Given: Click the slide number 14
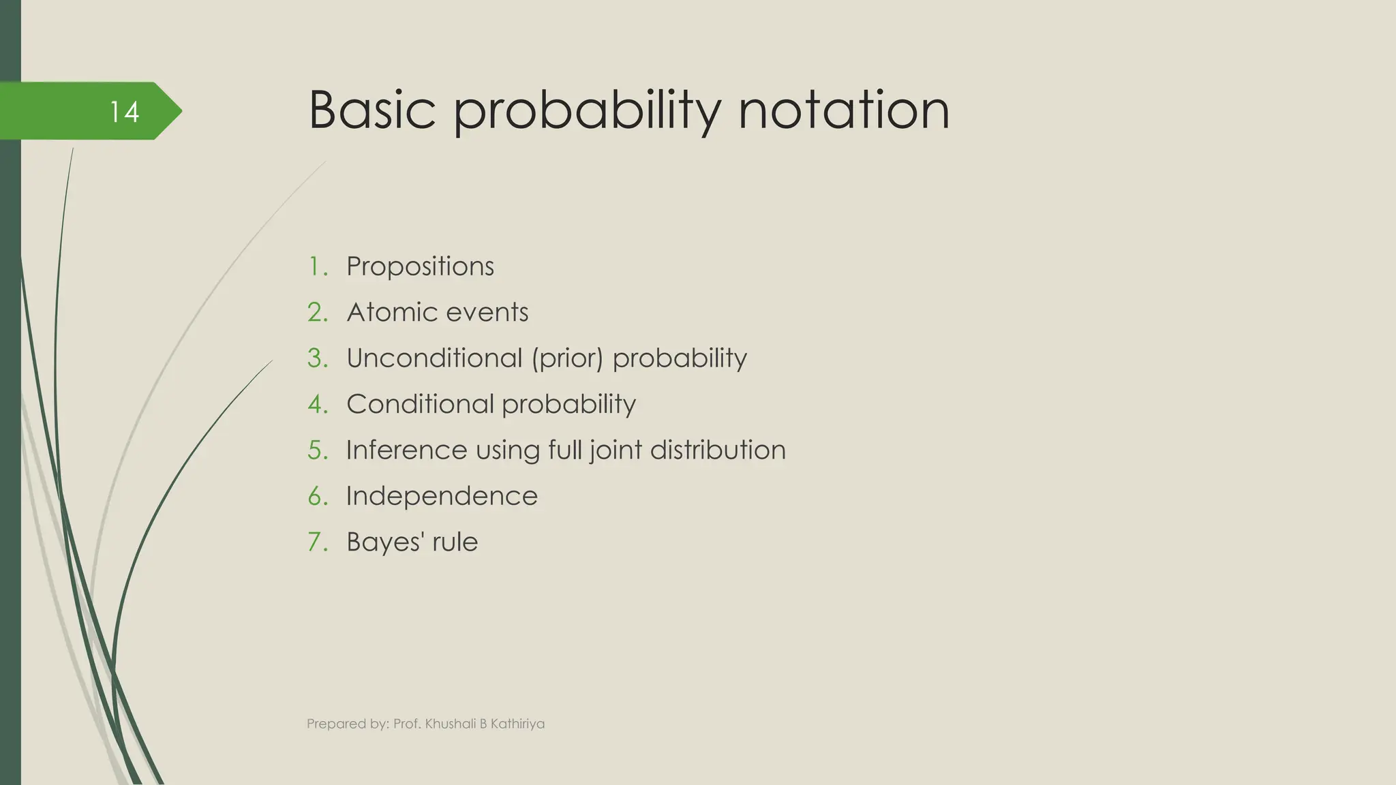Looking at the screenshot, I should point(125,112).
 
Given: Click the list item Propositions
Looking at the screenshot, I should point(420,266).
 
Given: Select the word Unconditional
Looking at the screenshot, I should point(434,358).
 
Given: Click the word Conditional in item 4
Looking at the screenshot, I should point(419,404).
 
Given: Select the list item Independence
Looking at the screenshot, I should point(442,496).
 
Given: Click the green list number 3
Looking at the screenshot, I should point(317,358).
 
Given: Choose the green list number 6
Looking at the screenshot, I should point(317,496).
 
